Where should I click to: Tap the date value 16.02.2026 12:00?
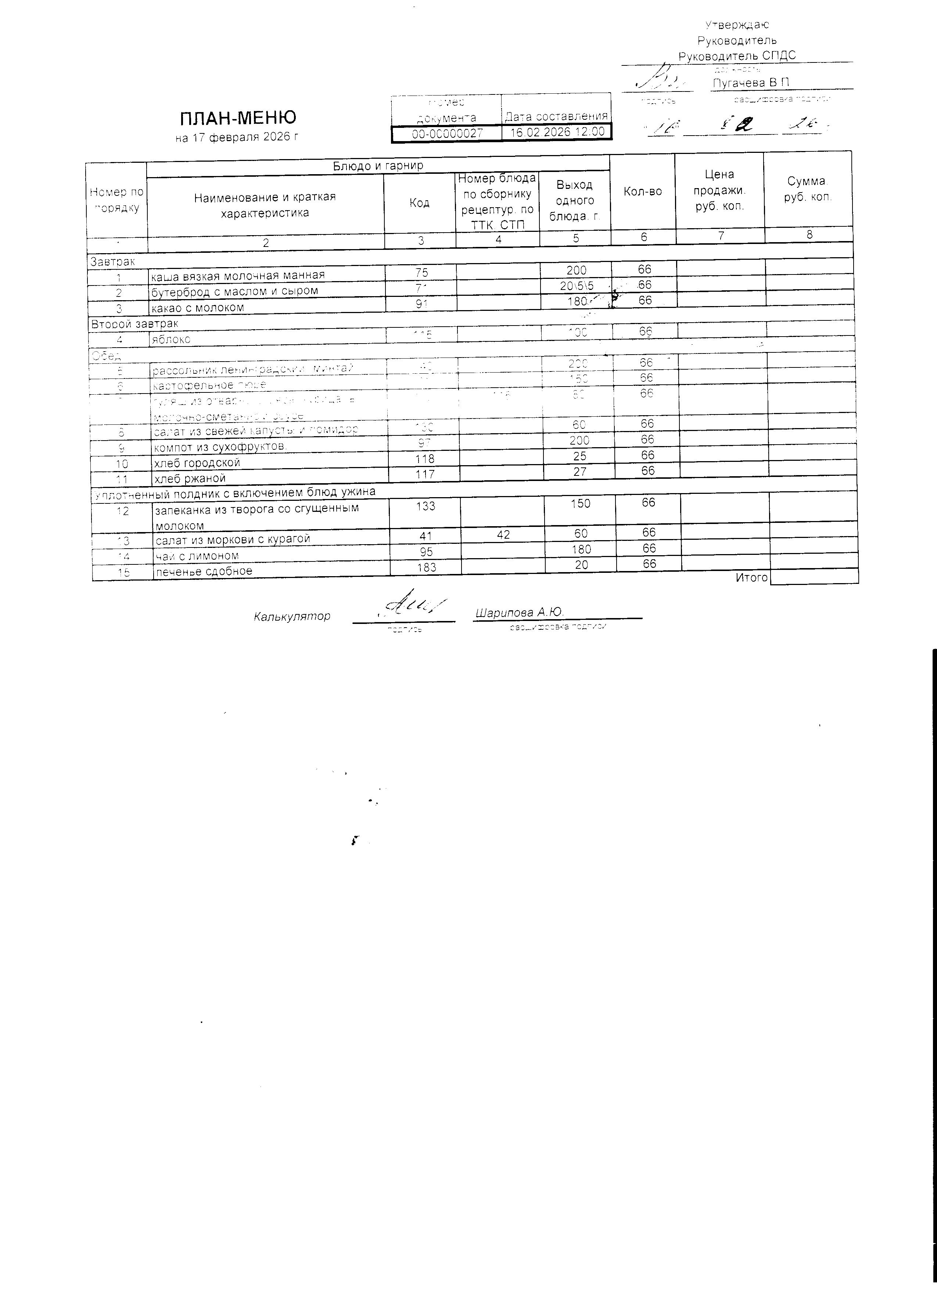(557, 132)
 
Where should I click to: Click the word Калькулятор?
(292, 616)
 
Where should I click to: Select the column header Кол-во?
(643, 191)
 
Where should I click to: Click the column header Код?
(419, 203)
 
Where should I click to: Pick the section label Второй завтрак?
(134, 323)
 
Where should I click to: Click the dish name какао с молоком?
(197, 308)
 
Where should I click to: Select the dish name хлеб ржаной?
(190, 478)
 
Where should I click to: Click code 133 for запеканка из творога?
(426, 506)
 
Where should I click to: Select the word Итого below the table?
(751, 577)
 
